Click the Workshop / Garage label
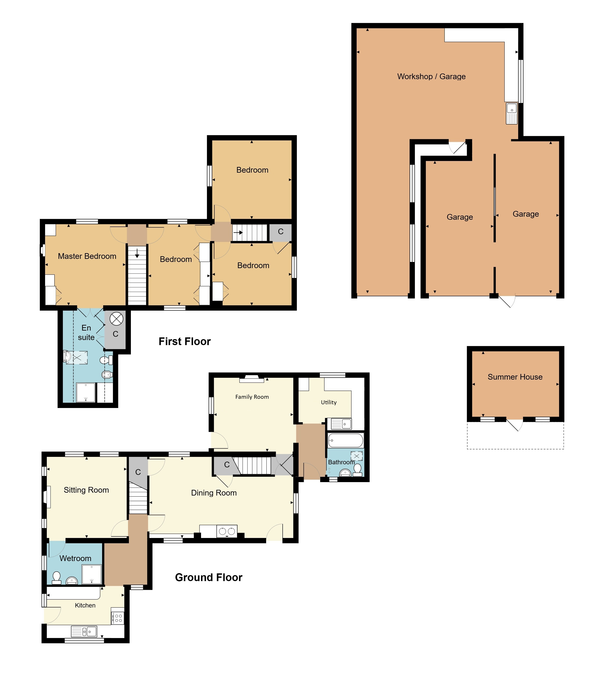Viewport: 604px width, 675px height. (431, 77)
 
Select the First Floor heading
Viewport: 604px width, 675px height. (185, 342)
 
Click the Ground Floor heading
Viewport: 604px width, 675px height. (209, 577)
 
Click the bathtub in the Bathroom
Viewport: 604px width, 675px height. (346, 441)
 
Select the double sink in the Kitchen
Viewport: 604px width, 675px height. (84, 631)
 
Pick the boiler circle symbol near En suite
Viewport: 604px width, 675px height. (117, 319)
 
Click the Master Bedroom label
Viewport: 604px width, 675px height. (87, 256)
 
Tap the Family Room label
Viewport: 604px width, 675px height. (252, 397)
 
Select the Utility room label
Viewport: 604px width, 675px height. (329, 402)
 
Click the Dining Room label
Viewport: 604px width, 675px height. (214, 493)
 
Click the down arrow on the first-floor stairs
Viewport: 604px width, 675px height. (137, 254)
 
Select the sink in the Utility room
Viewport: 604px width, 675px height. (341, 424)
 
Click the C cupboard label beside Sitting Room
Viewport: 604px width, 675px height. (138, 472)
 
